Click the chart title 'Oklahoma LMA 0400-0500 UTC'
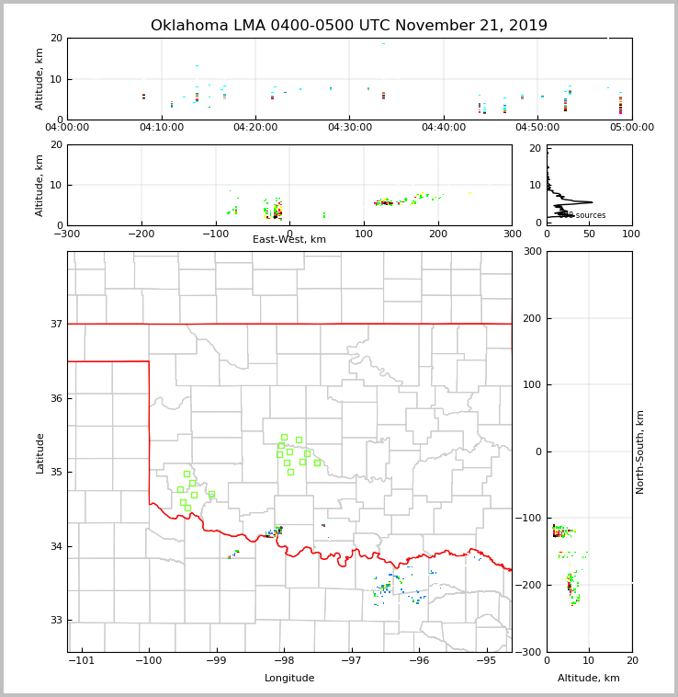pyautogui.click(x=348, y=26)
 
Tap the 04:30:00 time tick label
pyautogui.click(x=350, y=128)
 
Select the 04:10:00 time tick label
pyautogui.click(x=162, y=128)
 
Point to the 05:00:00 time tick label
pyautogui.click(x=631, y=128)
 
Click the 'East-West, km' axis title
pyautogui.click(x=289, y=240)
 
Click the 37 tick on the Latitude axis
pyautogui.click(x=56, y=324)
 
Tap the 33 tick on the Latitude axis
pyautogui.click(x=56, y=620)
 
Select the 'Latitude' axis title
pyautogui.click(x=40, y=452)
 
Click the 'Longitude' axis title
pyautogui.click(x=289, y=679)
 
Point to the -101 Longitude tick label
pyautogui.click(x=81, y=661)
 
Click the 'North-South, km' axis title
pyautogui.click(x=640, y=451)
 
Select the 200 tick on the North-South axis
pyautogui.click(x=532, y=318)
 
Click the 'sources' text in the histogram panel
pyautogui.click(x=590, y=215)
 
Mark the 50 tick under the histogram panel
pyautogui.click(x=589, y=234)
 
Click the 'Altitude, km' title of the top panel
pyautogui.click(x=40, y=79)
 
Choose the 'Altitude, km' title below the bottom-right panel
pyautogui.click(x=589, y=679)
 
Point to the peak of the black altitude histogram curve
pyautogui.click(x=592, y=202)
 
